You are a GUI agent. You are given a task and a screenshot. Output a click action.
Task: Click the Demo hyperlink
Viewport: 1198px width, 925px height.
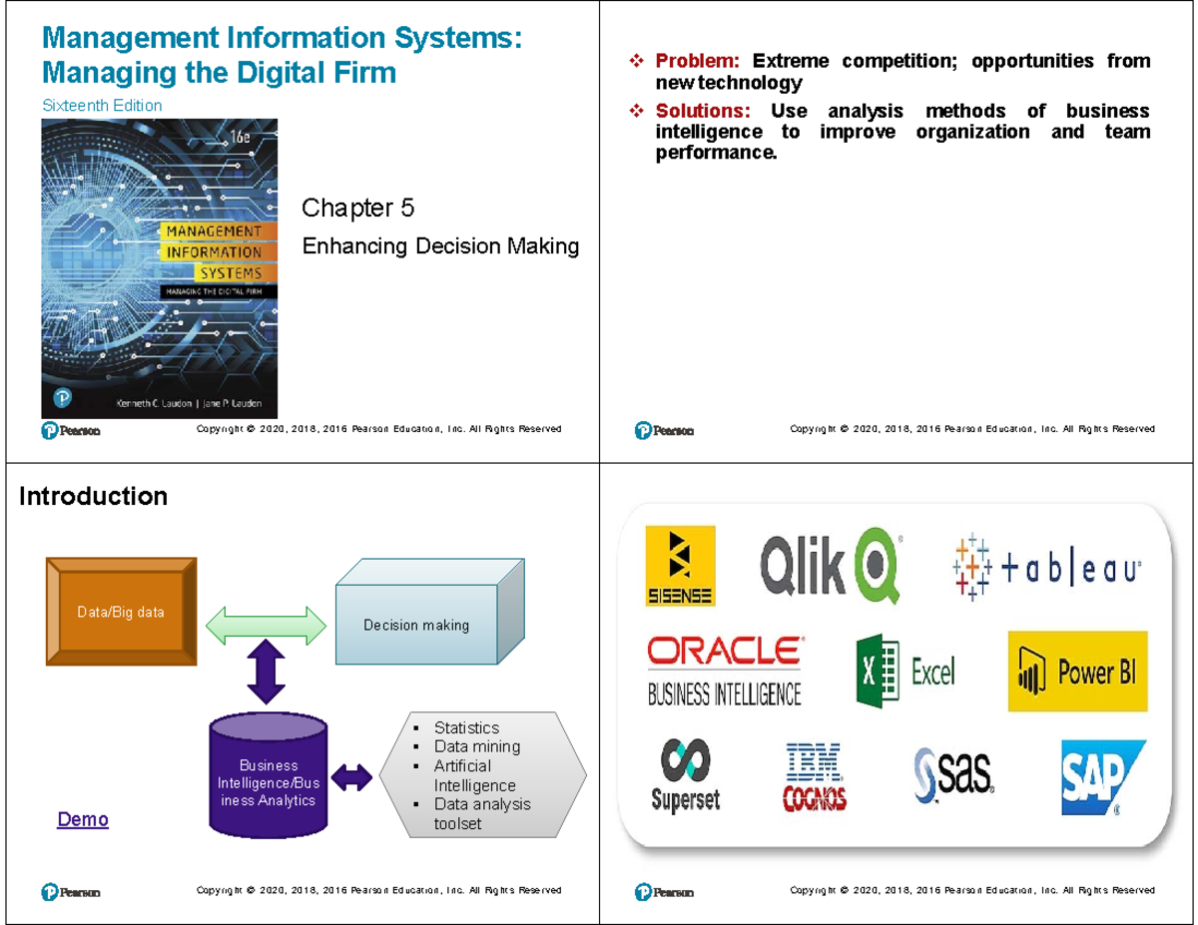[83, 820]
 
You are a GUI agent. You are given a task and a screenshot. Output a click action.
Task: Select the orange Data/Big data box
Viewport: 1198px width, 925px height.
[121, 612]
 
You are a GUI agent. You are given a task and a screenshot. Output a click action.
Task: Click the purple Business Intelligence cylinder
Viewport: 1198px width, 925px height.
[268, 779]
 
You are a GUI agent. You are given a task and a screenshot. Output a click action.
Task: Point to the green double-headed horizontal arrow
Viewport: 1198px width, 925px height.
[267, 626]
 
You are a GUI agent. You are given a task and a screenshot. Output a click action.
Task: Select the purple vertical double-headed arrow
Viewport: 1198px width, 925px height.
[267, 673]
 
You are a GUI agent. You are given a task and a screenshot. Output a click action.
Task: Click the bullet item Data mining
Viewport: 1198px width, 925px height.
[476, 746]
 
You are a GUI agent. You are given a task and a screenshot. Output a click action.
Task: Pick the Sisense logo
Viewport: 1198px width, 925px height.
[679, 566]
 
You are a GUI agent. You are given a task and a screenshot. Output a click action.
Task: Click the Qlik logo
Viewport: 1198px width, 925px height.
[830, 566]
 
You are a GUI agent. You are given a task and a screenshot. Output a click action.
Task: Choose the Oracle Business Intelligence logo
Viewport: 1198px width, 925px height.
[724, 671]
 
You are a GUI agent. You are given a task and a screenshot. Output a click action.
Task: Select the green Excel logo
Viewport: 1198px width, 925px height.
[904, 672]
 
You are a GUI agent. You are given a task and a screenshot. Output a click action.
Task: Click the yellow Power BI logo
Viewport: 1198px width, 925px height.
[1077, 672]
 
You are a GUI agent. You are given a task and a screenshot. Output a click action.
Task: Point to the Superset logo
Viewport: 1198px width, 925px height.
[685, 776]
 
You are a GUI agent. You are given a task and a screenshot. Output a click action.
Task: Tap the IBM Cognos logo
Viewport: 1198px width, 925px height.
[815, 776]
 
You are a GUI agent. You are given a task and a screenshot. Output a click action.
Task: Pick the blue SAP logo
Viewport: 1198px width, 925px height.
[1101, 775]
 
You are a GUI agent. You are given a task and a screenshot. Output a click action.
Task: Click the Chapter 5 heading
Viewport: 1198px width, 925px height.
[357, 209]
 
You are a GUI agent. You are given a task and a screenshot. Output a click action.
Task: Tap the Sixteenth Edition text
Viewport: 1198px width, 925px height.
[101, 105]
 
